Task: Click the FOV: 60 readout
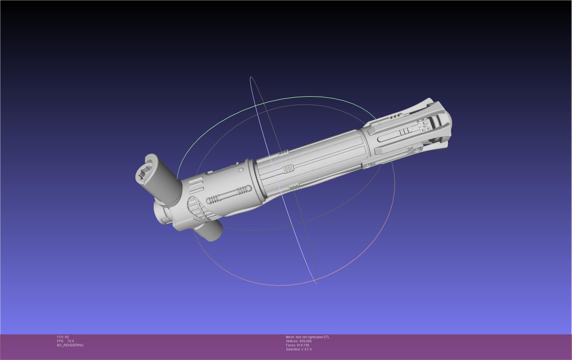click(x=63, y=337)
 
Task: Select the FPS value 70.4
click(x=70, y=341)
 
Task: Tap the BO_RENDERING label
click(x=70, y=345)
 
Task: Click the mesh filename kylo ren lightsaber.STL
click(x=313, y=337)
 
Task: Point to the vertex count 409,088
click(x=305, y=341)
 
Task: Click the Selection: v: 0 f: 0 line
click(x=299, y=349)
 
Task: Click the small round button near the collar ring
click(x=241, y=170)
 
